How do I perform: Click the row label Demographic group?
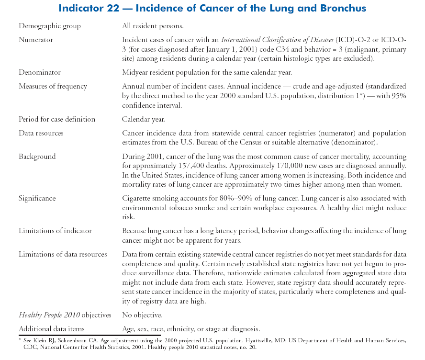pyautogui.click(x=50, y=26)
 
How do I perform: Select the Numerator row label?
pyautogui.click(x=36, y=40)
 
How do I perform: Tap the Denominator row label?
pyautogui.click(x=40, y=72)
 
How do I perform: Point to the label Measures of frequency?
pyautogui.click(x=53, y=86)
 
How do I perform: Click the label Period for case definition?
pyautogui.click(x=57, y=119)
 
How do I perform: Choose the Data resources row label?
pyautogui.click(x=41, y=133)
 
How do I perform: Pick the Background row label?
pyautogui.click(x=37, y=156)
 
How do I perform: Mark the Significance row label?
pyautogui.click(x=37, y=198)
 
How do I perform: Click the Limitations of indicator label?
pyautogui.click(x=55, y=231)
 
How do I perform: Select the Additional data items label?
pyautogui.click(x=52, y=328)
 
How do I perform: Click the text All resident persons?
pyautogui.click(x=153, y=26)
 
